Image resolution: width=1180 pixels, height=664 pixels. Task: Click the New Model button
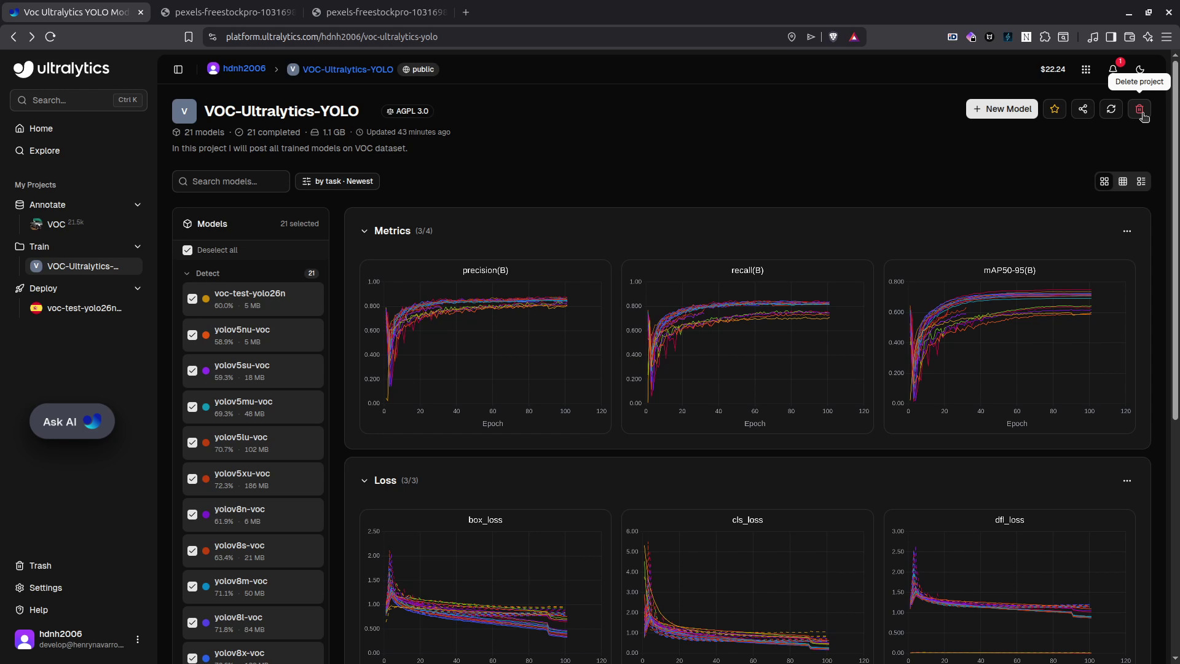(x=1002, y=109)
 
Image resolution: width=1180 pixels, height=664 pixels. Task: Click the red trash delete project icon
(x=1139, y=109)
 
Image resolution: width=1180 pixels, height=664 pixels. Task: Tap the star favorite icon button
(x=1055, y=109)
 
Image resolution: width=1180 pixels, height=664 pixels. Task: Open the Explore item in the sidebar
(x=44, y=151)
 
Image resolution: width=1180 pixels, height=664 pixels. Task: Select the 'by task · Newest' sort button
(x=337, y=181)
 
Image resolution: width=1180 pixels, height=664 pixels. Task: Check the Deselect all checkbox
(x=187, y=250)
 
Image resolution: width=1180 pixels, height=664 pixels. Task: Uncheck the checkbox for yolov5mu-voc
(x=192, y=407)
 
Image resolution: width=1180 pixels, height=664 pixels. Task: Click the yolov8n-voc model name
(x=240, y=509)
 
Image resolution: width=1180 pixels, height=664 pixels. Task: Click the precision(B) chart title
(x=485, y=271)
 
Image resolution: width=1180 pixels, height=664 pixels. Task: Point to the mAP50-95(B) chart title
(x=1009, y=271)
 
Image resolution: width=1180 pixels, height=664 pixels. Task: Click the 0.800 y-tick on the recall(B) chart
(x=635, y=306)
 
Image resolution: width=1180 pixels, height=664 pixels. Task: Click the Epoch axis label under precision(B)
(x=492, y=424)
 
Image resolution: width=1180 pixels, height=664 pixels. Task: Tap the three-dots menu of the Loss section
(x=1127, y=481)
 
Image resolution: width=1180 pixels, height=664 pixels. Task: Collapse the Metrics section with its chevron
(x=364, y=231)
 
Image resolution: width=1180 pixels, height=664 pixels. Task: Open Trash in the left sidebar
(x=40, y=566)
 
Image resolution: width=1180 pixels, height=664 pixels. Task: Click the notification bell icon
(x=1113, y=69)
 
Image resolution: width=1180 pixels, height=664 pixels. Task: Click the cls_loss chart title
(x=747, y=520)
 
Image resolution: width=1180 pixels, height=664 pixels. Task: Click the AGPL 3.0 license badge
(x=407, y=111)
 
